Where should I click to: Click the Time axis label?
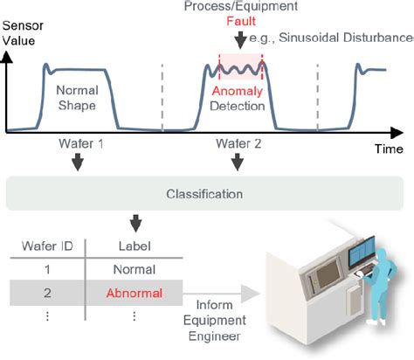coord(389,149)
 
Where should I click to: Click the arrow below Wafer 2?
coord(238,162)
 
